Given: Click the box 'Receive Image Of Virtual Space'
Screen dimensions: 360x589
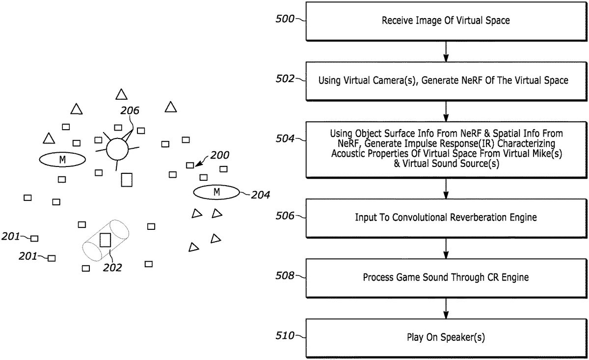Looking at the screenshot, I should pos(446,22).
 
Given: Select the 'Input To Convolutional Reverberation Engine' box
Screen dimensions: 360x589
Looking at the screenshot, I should pos(446,217).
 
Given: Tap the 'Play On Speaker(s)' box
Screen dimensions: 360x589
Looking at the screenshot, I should pos(446,337).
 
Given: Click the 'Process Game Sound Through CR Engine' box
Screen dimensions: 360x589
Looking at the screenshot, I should pos(446,277).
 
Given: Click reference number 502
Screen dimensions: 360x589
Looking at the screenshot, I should pos(286,79).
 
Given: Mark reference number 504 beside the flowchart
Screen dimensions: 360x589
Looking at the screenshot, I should pos(286,139).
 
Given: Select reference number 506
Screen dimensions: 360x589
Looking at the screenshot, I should pos(286,216).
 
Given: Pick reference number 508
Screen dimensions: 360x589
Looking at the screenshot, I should pos(286,276).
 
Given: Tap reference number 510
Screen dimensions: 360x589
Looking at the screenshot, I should pos(286,336).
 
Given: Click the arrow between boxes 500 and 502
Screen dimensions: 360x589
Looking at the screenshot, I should pos(446,51).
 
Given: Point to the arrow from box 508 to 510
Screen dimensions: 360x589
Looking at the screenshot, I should pos(446,307).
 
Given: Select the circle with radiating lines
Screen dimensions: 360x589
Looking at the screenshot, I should pos(117,149).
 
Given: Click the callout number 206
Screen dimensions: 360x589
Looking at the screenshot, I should pos(130,111).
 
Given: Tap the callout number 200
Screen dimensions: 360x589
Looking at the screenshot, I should pos(219,156).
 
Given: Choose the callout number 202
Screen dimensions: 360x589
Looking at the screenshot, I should pos(112,268).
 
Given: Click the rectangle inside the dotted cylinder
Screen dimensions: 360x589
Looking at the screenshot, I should pos(105,240).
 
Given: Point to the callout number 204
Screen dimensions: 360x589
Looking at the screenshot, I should pos(260,195).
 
